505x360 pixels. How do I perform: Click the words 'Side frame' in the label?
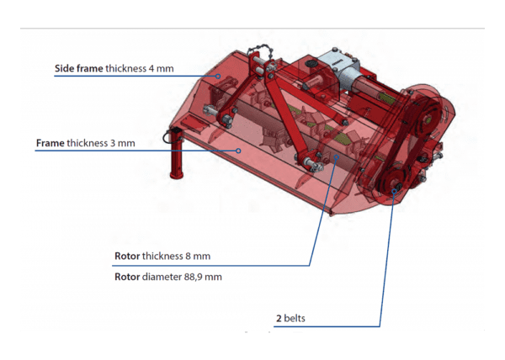point(79,68)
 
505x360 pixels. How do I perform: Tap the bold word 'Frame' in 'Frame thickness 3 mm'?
point(50,143)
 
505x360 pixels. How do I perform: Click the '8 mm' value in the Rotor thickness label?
point(198,256)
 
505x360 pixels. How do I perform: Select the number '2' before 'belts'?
point(279,319)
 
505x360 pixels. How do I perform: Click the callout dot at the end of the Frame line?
point(238,151)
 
